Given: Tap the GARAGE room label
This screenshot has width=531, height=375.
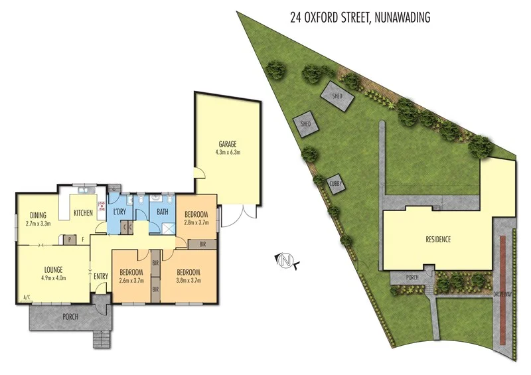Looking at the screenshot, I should pos(228,144).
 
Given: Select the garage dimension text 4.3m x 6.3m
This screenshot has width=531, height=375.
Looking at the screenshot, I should pos(228,153).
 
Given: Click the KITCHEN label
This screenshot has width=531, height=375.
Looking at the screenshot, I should pos(84,212).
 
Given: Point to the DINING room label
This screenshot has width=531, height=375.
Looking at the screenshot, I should pos(38,214).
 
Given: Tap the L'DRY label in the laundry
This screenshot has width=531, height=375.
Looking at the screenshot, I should pos(120,212).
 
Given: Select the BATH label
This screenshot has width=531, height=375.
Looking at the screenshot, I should pos(162,212).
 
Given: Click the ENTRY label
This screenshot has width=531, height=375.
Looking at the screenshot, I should pos(101,275).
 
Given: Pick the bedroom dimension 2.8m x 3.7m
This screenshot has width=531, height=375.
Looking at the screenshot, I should pos(196,223).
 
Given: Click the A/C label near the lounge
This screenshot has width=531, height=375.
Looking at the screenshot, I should pos(27,297).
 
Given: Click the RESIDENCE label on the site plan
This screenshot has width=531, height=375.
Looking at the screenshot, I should pos(438,239).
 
